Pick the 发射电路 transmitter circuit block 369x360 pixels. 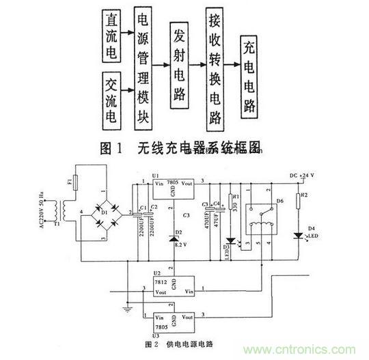(x=180, y=64)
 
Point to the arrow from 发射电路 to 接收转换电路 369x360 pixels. (x=198, y=65)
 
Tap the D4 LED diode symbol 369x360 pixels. (x=299, y=236)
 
